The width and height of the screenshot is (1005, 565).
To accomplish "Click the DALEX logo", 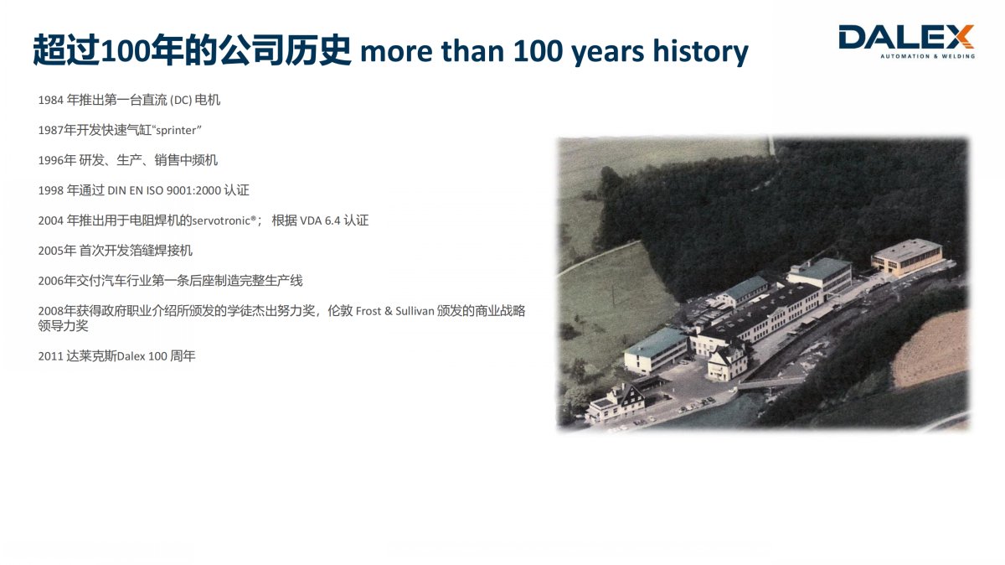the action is [x=906, y=41].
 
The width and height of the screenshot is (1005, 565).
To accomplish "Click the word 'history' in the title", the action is [x=700, y=51].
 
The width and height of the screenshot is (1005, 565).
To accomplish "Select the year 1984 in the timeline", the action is [x=51, y=100].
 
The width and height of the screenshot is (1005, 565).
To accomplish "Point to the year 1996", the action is [x=51, y=160].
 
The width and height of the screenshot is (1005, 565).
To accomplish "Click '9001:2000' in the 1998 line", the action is [x=193, y=190].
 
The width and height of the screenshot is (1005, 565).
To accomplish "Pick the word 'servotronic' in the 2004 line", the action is [x=222, y=220].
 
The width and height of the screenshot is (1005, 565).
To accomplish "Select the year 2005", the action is [x=51, y=251].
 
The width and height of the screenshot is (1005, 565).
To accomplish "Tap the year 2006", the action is [x=51, y=281].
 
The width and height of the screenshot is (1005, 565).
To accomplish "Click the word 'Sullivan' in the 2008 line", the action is [x=415, y=311].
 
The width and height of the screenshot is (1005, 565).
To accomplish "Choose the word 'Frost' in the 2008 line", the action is [x=368, y=311].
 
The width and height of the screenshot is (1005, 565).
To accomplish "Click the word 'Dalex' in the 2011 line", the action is [x=131, y=356].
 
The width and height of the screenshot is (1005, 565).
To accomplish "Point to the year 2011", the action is [x=51, y=356].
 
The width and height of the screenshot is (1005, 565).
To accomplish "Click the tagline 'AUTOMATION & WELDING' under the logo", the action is [x=927, y=56].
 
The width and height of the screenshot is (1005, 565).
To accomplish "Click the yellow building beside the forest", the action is [x=907, y=257].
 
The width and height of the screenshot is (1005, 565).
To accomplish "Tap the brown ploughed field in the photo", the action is [x=930, y=350].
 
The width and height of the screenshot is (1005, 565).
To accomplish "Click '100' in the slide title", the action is [x=538, y=50].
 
